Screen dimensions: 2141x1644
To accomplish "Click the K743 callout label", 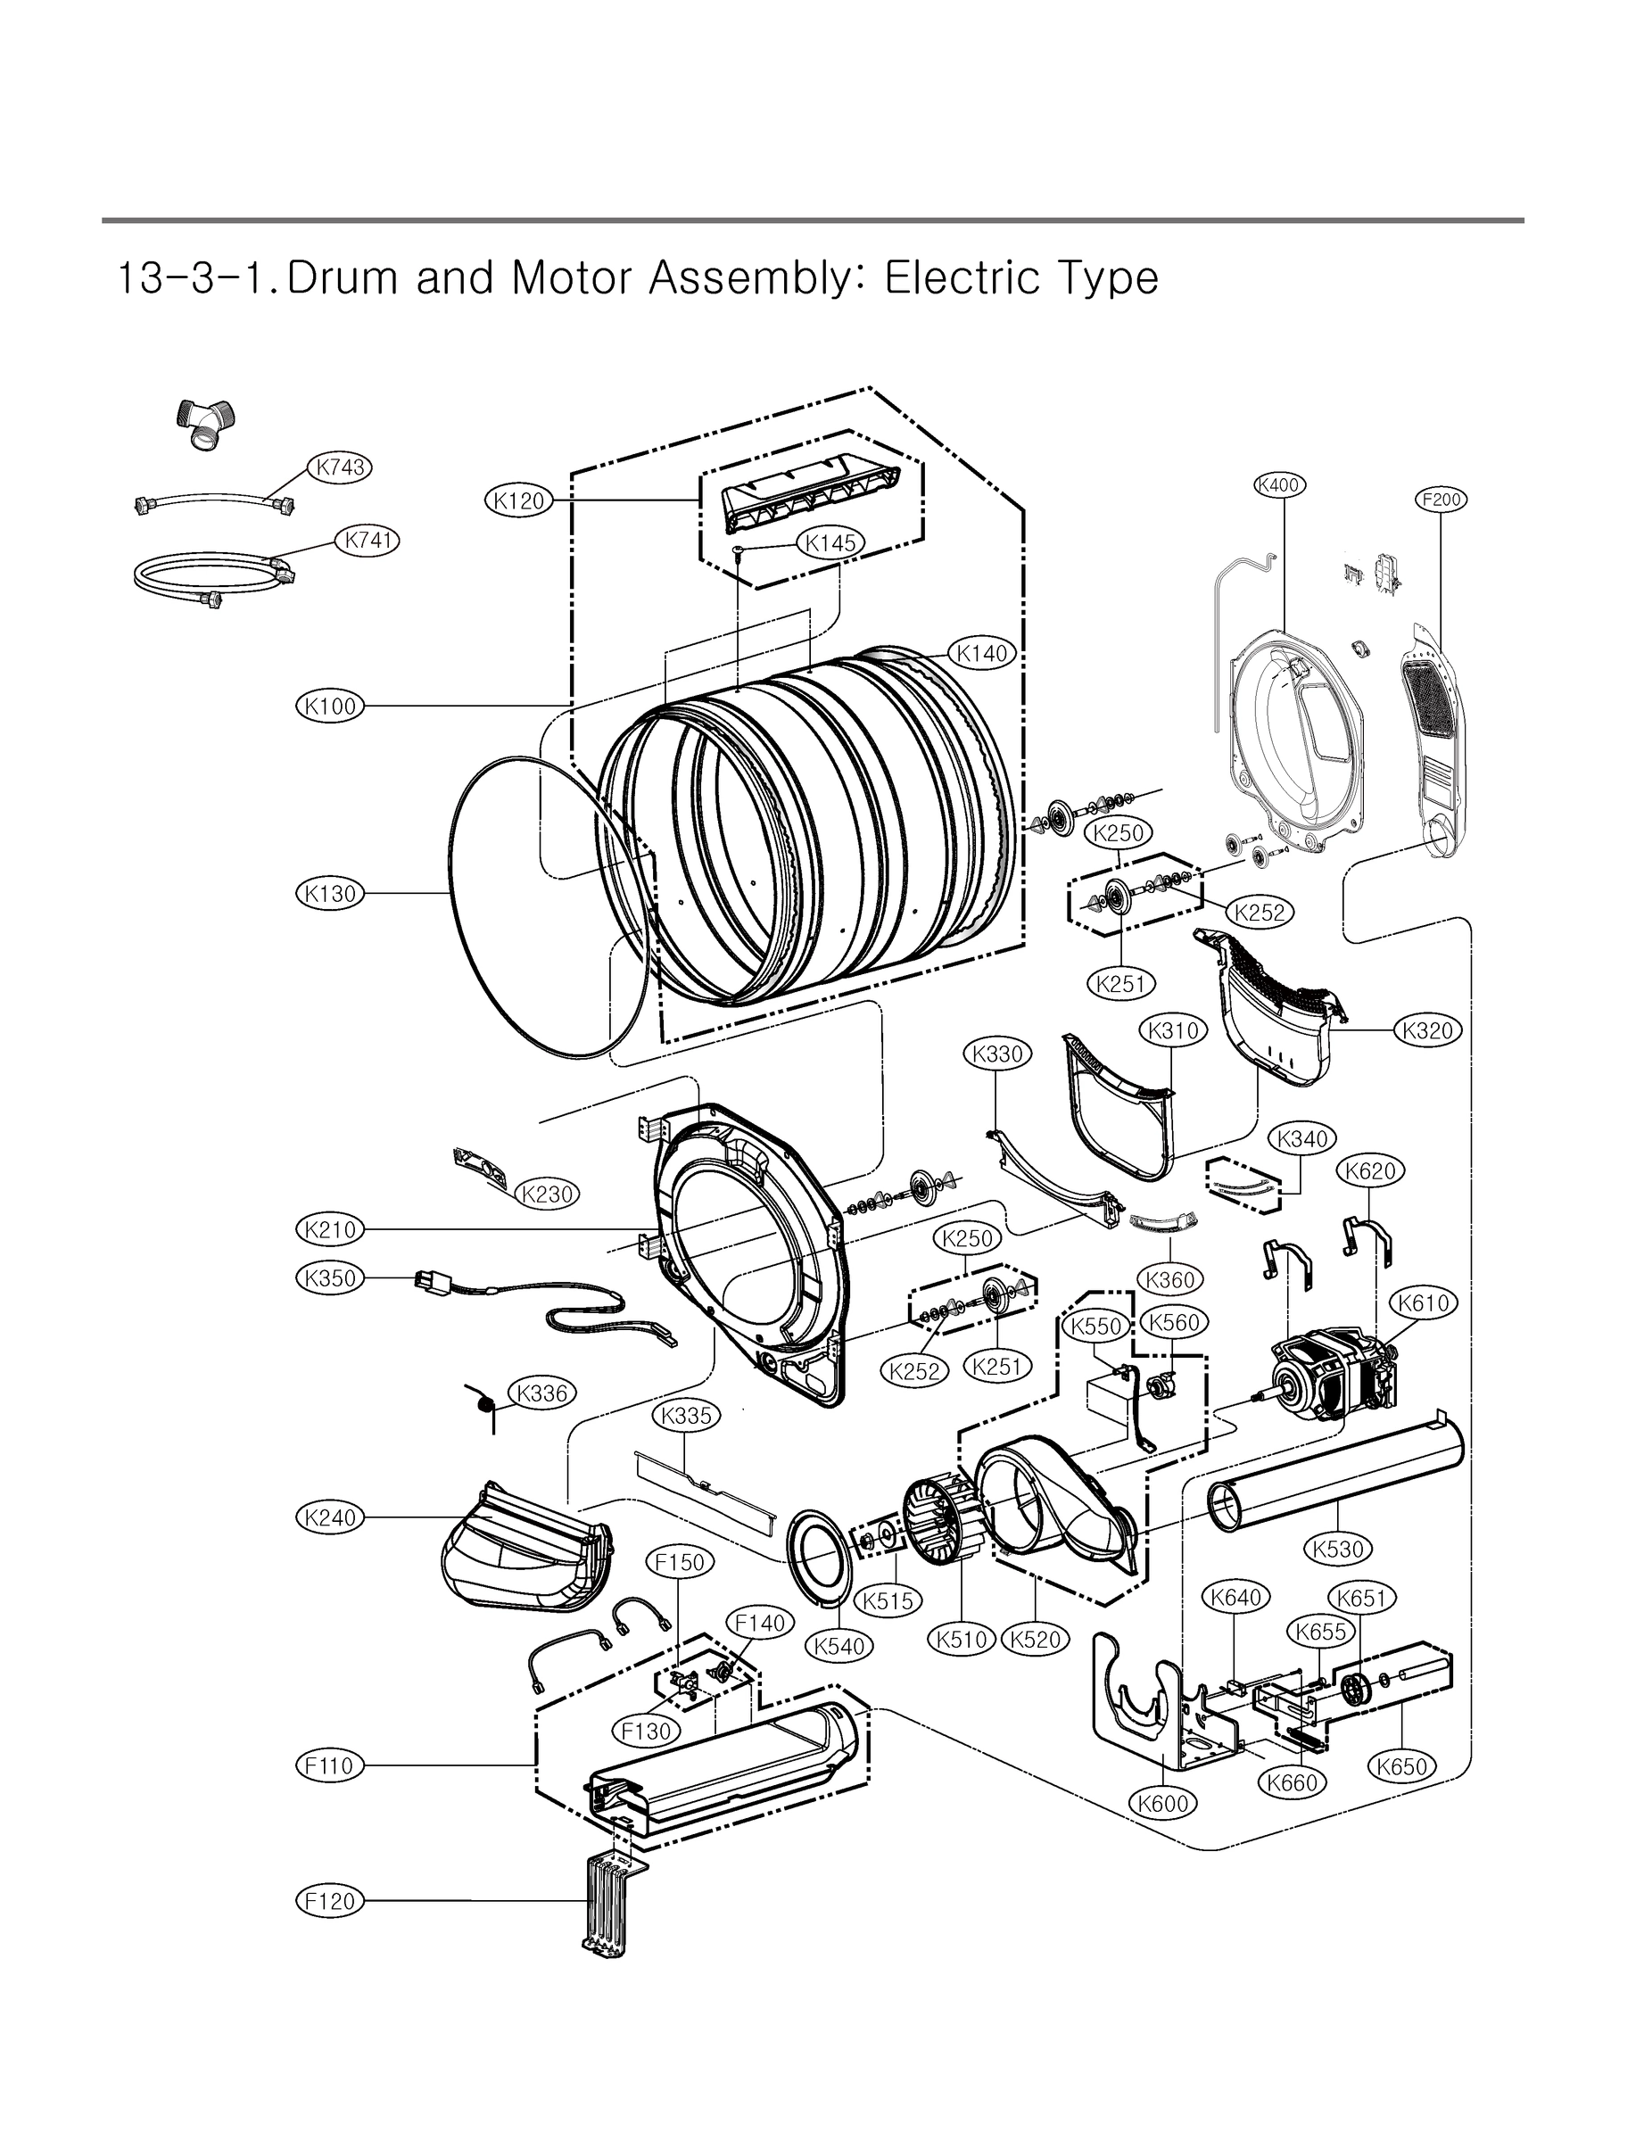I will [341, 467].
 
